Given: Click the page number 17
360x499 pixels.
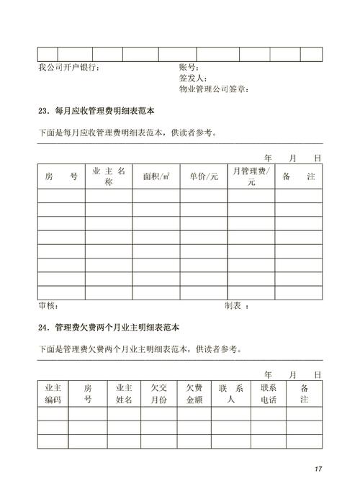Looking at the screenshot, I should click(x=318, y=469).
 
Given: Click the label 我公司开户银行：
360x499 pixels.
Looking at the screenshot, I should click(x=69, y=68).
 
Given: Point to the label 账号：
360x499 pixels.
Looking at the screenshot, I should click(x=191, y=68).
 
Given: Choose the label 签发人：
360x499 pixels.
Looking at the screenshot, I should click(x=194, y=78).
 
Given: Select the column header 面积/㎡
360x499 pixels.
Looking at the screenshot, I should click(x=156, y=176).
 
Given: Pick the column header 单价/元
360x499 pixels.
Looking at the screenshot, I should click(x=204, y=176).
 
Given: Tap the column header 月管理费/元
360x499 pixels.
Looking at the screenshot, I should click(x=251, y=176).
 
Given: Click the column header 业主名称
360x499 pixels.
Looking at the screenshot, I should click(x=109, y=176).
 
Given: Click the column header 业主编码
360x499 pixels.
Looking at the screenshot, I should click(x=53, y=393).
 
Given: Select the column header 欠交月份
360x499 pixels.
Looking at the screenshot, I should click(x=158, y=393).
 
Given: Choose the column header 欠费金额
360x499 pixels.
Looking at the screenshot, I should click(x=194, y=393).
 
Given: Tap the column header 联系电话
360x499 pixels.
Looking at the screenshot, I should click(x=268, y=393).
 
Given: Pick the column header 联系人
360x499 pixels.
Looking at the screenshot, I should click(x=231, y=393).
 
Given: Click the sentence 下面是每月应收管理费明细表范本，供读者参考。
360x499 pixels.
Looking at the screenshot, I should click(x=127, y=132).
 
